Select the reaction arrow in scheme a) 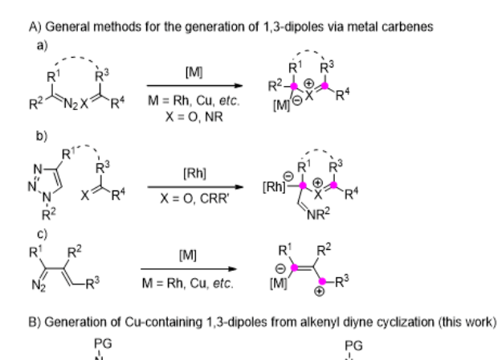click(194, 85)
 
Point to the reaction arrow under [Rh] click(195, 186)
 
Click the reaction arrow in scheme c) click(189, 269)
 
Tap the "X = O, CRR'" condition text click(194, 199)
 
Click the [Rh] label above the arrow click(194, 174)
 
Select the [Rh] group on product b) click(274, 186)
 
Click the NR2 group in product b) click(318, 215)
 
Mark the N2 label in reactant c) click(39, 284)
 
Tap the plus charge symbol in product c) click(319, 292)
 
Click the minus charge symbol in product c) click(280, 268)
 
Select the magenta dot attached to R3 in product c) click(322, 281)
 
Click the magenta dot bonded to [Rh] click(303, 186)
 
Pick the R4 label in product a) click(343, 95)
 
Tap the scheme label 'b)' click(42, 136)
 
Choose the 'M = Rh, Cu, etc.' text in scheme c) click(188, 284)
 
